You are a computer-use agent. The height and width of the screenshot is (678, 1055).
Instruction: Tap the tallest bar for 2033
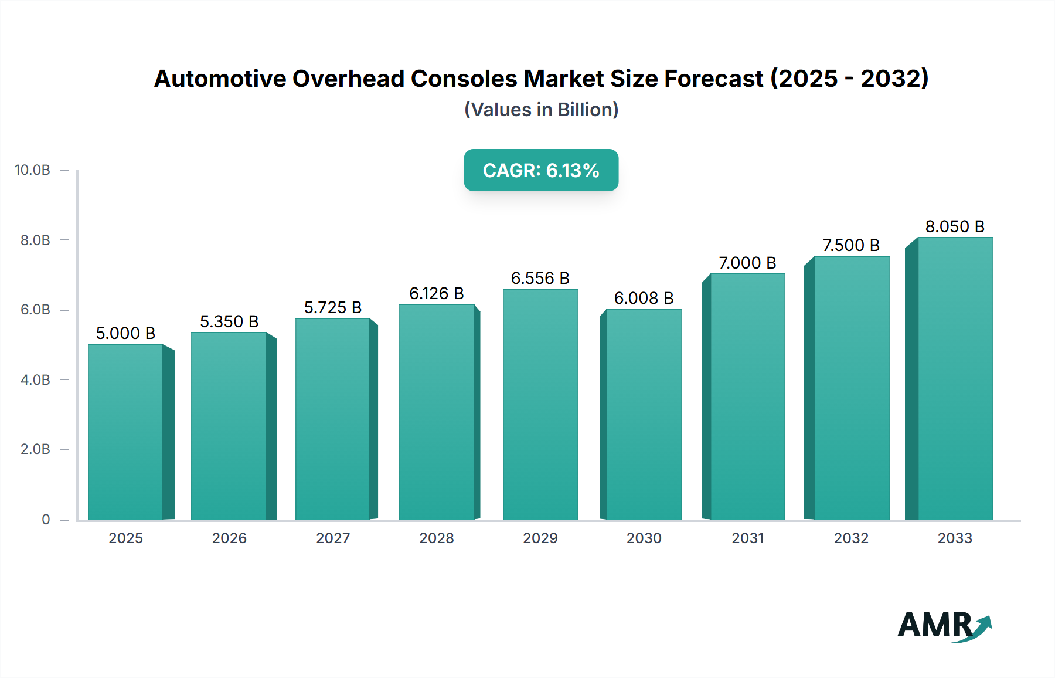pos(955,378)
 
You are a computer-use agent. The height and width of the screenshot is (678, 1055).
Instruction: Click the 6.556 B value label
pos(540,278)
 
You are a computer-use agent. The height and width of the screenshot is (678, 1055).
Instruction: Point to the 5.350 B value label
pos(229,321)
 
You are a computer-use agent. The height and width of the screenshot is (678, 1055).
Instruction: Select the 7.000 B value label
pos(747,263)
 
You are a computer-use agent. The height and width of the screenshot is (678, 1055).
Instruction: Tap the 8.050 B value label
pos(955,226)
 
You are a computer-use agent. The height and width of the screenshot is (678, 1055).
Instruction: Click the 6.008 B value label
pos(644,298)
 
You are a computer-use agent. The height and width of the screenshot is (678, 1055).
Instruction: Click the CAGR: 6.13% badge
pos(541,170)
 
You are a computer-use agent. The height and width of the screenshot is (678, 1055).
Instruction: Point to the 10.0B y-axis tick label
pos(32,170)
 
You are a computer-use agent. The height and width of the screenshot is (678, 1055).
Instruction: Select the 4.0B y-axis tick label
pos(35,379)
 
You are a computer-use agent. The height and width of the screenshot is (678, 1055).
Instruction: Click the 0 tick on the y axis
pos(46,519)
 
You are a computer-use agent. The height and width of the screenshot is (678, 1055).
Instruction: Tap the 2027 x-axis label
pos(333,538)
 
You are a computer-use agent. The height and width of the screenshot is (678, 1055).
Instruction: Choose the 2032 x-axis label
pos(851,538)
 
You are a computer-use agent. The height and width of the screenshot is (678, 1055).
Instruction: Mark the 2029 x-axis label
pos(540,538)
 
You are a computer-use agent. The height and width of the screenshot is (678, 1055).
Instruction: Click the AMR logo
pos(944,626)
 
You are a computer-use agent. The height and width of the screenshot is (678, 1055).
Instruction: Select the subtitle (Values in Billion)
pos(541,110)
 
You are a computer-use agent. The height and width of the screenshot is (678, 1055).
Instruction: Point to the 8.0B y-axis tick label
pos(35,240)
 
